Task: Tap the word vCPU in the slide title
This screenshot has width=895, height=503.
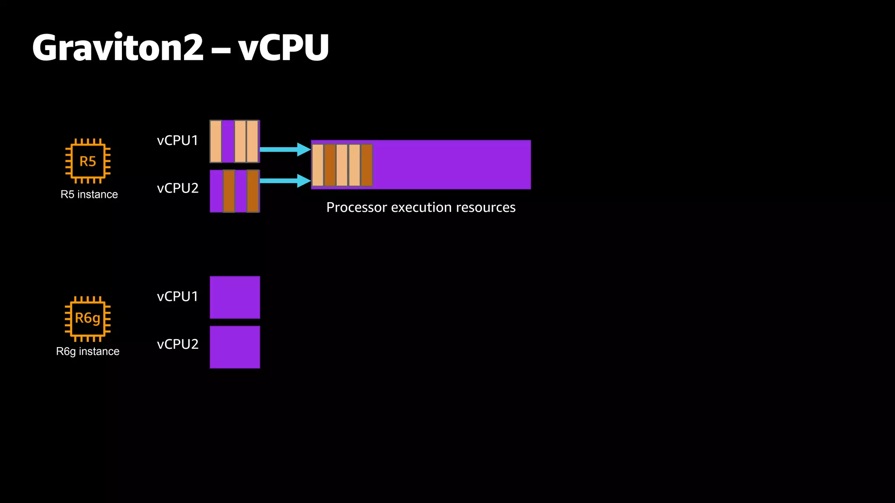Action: coord(284,48)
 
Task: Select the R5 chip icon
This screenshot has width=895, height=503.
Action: coord(88,161)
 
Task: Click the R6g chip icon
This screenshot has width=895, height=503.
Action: coord(88,318)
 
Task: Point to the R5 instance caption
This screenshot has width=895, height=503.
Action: coord(89,194)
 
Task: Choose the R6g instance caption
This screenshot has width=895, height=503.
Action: coord(88,351)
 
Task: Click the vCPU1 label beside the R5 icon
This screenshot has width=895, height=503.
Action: coord(177,141)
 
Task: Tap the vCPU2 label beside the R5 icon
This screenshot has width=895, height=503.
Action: coord(177,188)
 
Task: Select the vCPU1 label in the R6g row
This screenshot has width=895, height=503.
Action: coord(177,296)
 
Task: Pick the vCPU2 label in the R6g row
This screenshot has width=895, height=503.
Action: coord(177,345)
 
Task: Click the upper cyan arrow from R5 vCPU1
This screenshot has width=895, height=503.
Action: coord(284,149)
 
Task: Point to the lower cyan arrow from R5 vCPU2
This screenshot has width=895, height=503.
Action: coord(284,181)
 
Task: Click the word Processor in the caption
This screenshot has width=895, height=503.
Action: coord(357,207)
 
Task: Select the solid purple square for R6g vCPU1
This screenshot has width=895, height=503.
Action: coord(235,297)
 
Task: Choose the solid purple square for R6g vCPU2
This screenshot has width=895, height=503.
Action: coord(235,347)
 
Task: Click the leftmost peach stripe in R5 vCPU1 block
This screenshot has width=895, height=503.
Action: coord(216,141)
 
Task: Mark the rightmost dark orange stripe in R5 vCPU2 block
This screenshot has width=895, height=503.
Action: coord(253,191)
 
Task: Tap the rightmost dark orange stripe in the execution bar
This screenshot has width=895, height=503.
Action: coord(367,165)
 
